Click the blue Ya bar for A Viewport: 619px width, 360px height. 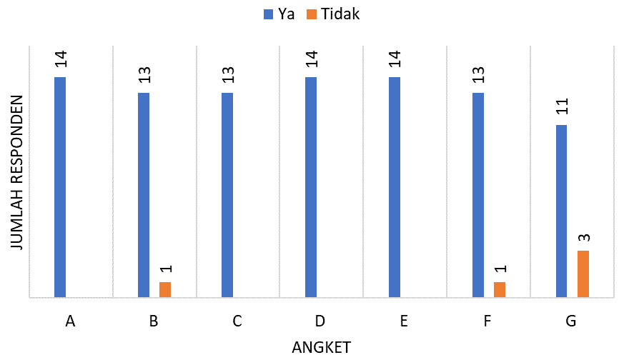pos(60,186)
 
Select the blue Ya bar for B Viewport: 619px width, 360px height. pos(144,194)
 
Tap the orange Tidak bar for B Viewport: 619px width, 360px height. pos(165,289)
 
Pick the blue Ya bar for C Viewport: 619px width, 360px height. pos(227,194)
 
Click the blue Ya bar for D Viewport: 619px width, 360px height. pos(311,186)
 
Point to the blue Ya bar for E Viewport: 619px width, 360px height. pos(395,186)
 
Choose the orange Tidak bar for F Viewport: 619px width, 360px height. pos(500,289)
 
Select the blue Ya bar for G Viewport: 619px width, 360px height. pos(562,211)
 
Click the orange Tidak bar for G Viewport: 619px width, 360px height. pos(583,274)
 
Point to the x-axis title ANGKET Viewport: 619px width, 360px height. pos(322,347)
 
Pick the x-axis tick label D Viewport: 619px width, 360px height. pos(320,321)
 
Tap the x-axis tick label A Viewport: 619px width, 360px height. pos(69,321)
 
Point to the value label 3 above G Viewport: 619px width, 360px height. pos(583,236)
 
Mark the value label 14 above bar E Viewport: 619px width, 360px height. pos(395,60)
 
